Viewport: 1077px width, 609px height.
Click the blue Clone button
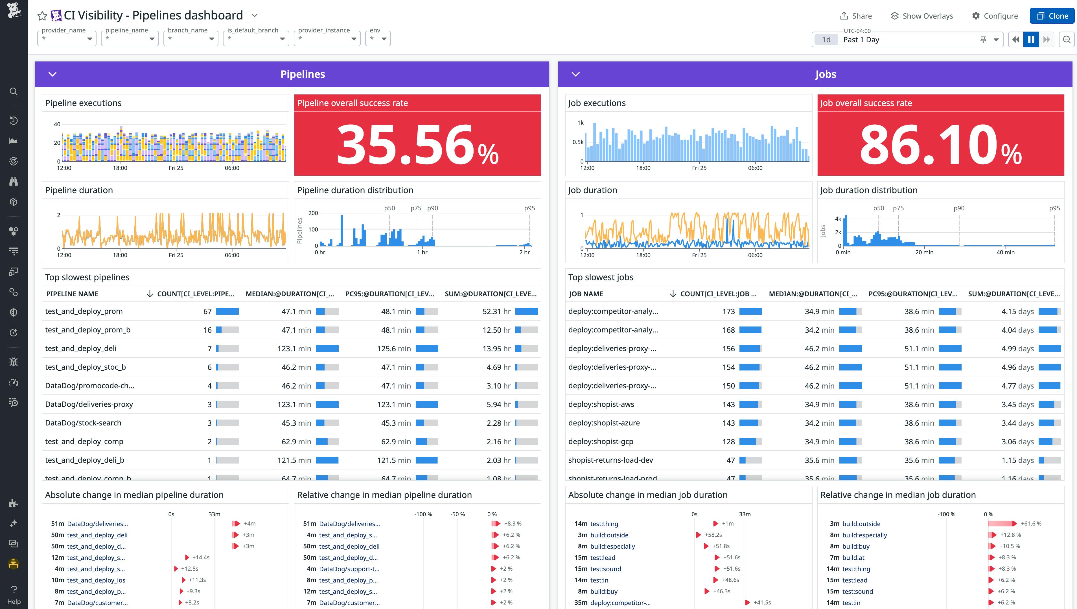click(1052, 16)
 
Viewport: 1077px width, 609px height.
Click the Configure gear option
click(995, 16)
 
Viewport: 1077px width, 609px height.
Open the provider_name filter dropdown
click(67, 38)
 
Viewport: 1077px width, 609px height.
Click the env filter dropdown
click(378, 38)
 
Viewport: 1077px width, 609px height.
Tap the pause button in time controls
click(1031, 39)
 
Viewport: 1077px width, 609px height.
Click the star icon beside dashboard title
click(42, 16)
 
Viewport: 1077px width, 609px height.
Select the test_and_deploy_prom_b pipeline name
click(88, 330)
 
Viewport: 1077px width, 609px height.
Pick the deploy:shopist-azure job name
click(604, 423)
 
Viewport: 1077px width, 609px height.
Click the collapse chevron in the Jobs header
click(575, 74)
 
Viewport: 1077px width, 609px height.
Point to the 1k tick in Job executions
click(580, 123)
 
